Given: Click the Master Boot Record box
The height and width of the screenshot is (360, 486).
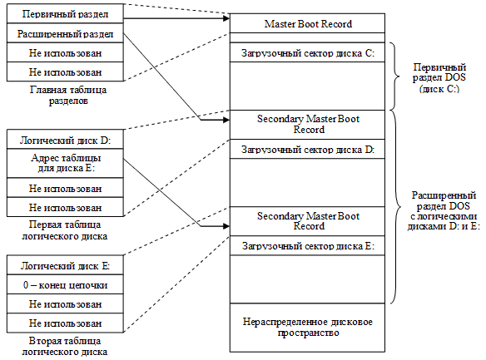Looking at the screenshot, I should click(308, 22).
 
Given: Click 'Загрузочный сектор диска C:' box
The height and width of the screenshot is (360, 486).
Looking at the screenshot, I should click(308, 53).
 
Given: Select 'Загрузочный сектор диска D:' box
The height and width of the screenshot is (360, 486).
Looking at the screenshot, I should click(308, 150).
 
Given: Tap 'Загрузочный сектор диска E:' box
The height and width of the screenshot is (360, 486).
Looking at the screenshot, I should click(308, 246).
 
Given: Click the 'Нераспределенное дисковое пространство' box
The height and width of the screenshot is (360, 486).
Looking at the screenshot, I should click(308, 328).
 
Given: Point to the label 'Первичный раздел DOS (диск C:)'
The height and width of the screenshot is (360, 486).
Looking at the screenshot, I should click(440, 77).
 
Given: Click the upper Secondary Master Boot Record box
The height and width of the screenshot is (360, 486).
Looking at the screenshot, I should click(308, 124).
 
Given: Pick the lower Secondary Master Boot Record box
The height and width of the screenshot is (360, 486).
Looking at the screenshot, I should click(308, 220).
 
